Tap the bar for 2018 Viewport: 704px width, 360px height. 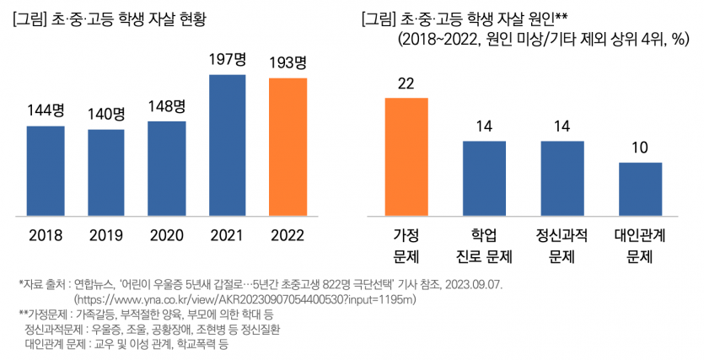tap(46, 169)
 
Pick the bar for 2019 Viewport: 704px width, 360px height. tap(105, 171)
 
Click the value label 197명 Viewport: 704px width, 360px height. tap(227, 60)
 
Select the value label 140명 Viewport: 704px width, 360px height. tap(105, 114)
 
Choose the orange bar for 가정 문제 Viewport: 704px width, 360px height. tap(406, 156)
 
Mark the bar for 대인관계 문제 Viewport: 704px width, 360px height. tap(640, 188)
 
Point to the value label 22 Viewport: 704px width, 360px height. tap(406, 83)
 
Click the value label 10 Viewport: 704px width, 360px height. tap(640, 148)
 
